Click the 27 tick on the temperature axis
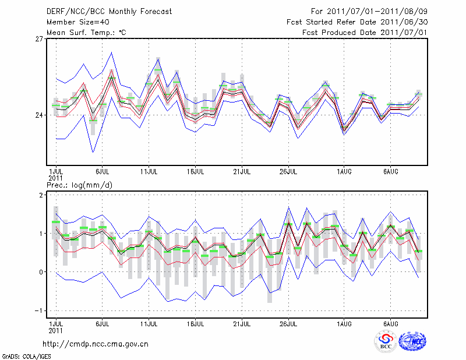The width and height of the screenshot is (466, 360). point(39,38)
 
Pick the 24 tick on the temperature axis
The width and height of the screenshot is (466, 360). point(39,115)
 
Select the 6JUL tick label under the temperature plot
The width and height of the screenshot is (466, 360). point(103,172)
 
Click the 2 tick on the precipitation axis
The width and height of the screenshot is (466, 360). point(41,195)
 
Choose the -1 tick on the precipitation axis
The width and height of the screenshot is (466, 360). point(39,310)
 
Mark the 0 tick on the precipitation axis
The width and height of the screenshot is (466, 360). point(41,272)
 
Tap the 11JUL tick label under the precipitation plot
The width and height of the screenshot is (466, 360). point(149,323)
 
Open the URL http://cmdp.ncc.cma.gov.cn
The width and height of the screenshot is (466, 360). point(96,344)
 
